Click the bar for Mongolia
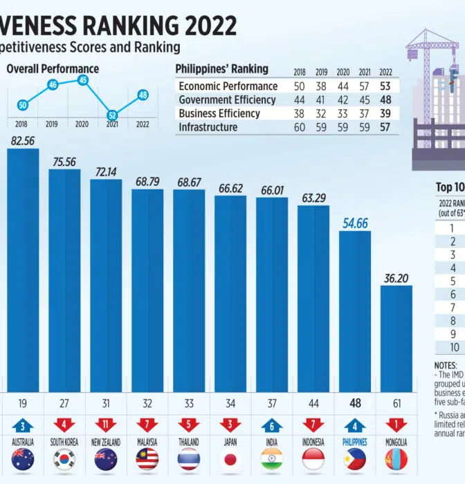click(396, 339)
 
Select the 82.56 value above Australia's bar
click(23, 140)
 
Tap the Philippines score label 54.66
click(355, 223)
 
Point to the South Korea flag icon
click(64, 459)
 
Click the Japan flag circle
click(230, 459)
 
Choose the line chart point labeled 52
click(111, 115)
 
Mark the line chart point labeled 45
click(83, 80)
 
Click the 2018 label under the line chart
click(21, 125)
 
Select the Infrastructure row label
click(208, 127)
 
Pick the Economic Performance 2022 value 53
click(386, 86)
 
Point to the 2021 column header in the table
click(363, 72)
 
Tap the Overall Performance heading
click(53, 69)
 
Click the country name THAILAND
click(189, 442)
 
